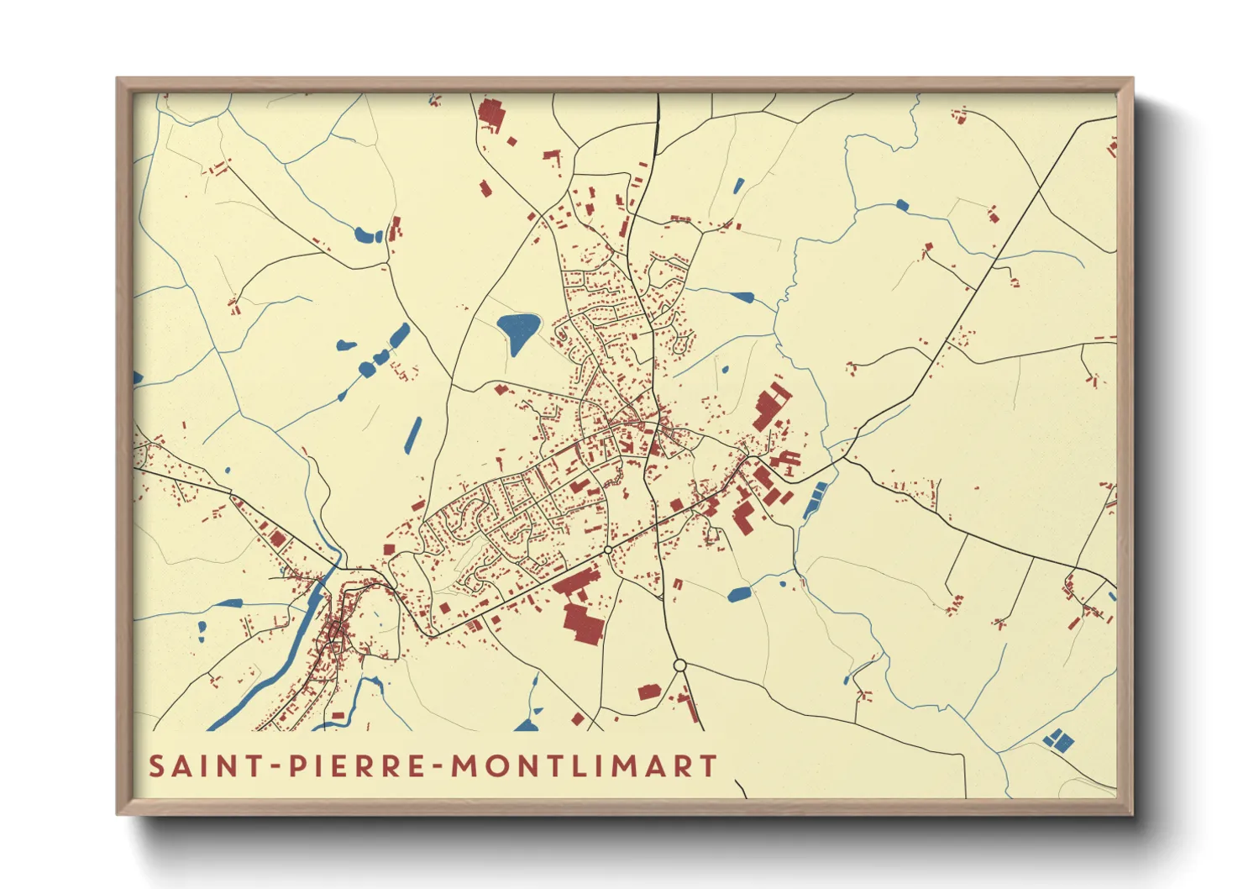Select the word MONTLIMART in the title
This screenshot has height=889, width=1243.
click(585, 766)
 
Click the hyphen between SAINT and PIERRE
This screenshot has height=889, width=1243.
click(275, 767)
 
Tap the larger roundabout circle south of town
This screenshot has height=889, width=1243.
click(680, 665)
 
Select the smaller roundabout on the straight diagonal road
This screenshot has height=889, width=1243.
click(607, 550)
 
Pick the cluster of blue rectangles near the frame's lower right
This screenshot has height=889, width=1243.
click(1057, 740)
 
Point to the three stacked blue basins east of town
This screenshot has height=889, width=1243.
click(814, 501)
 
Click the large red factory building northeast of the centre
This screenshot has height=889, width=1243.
click(771, 406)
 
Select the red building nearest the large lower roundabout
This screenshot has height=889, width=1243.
click(649, 692)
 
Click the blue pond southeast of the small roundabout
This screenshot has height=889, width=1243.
click(739, 594)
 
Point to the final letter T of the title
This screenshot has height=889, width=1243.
click(710, 766)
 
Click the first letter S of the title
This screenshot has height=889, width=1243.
click(156, 766)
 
